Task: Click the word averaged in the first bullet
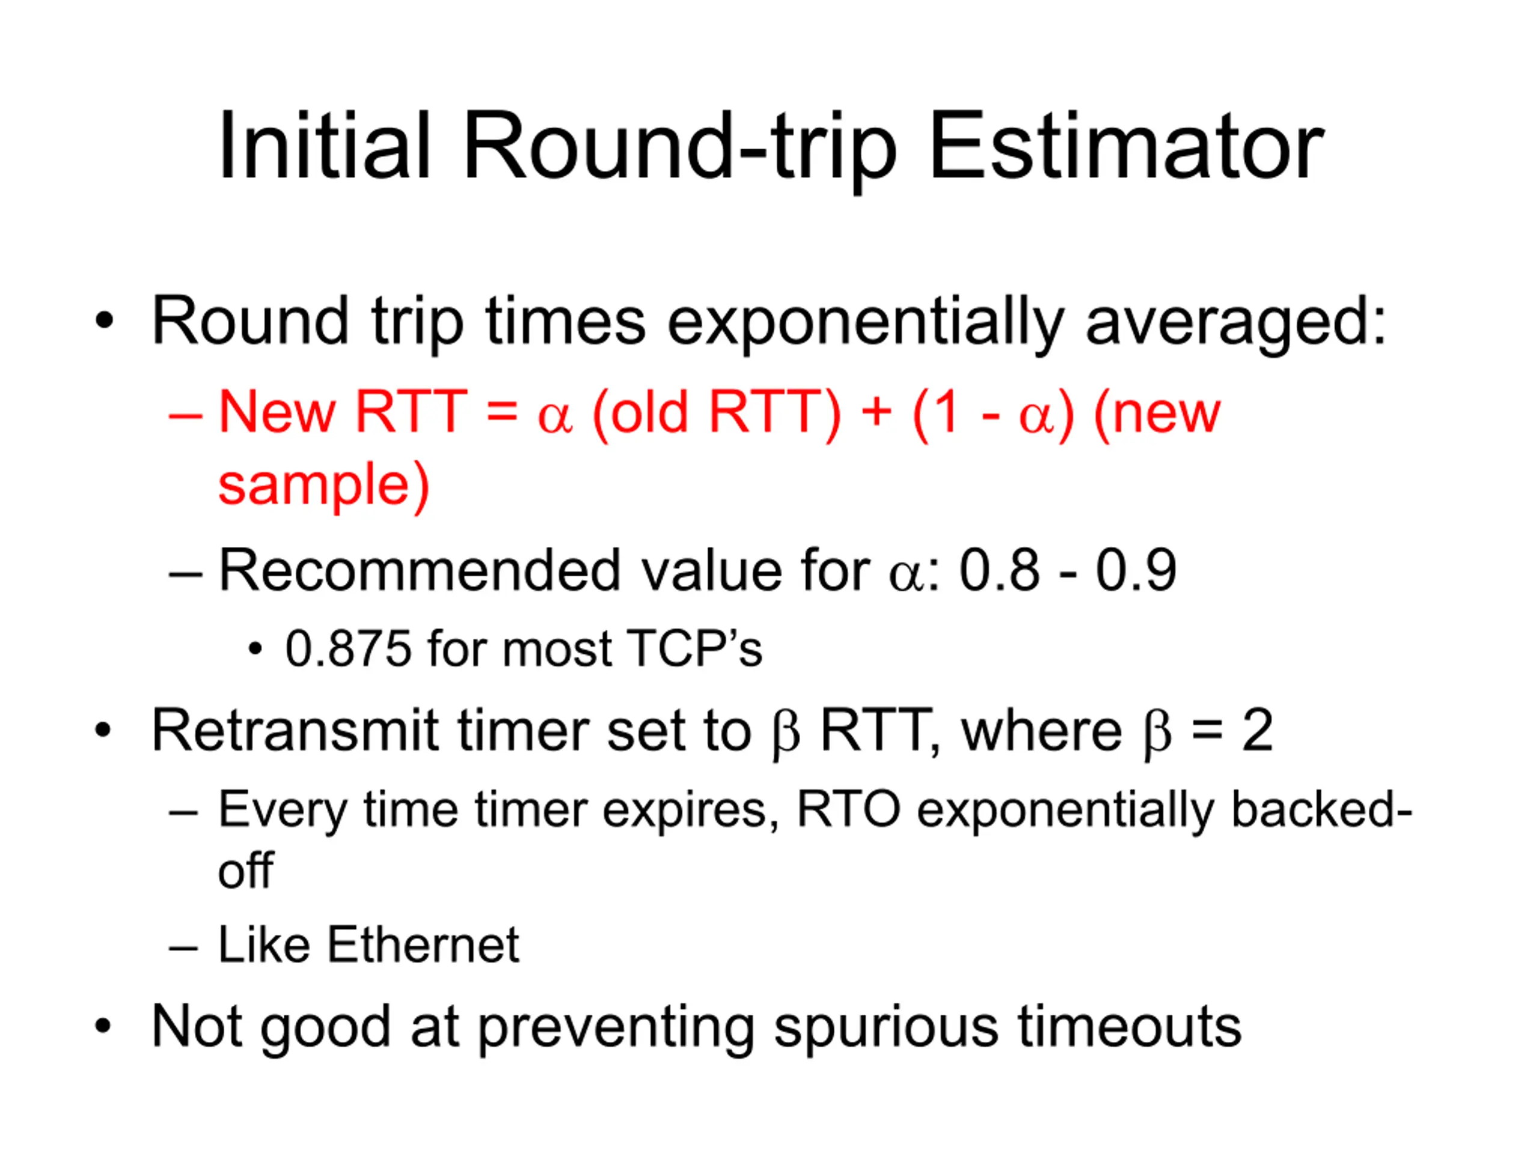click(1226, 322)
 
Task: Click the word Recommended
click(420, 570)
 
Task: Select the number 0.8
click(999, 570)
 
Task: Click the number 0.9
click(1135, 570)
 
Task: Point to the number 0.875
click(348, 649)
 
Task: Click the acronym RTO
click(848, 810)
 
